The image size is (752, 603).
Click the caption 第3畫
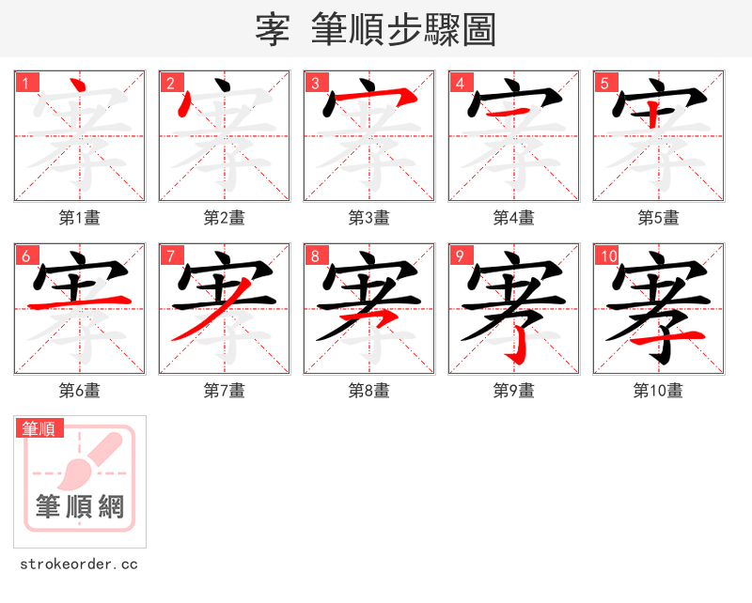tap(368, 218)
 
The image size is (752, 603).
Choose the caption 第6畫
tap(79, 391)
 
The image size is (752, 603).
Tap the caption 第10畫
tap(658, 391)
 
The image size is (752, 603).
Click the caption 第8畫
tap(368, 391)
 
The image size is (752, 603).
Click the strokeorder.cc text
tap(79, 564)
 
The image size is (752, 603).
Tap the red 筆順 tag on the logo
tap(39, 429)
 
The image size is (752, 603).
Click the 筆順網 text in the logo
tap(80, 507)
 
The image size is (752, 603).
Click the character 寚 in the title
tap(272, 30)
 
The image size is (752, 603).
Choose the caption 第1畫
tap(79, 218)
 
